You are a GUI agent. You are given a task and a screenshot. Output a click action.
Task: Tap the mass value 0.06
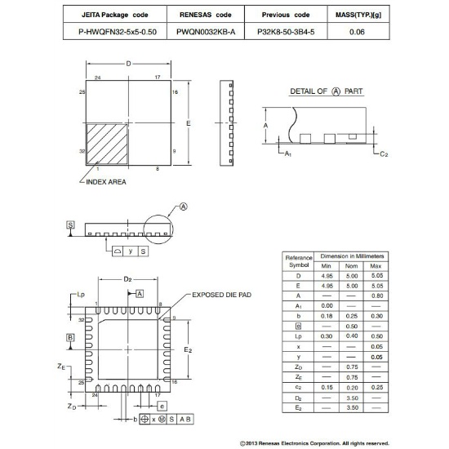pos(356,32)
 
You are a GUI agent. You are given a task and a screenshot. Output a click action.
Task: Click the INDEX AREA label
pos(105,182)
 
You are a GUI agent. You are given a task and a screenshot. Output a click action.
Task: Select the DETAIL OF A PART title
pos(327,91)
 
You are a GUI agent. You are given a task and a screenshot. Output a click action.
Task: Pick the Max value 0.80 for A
pos(376,296)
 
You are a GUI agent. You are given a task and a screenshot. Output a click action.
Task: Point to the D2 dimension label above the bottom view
pos(127,280)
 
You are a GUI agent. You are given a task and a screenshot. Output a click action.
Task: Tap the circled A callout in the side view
pos(183,207)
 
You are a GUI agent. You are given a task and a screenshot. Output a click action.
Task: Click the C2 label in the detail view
pos(384,153)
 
